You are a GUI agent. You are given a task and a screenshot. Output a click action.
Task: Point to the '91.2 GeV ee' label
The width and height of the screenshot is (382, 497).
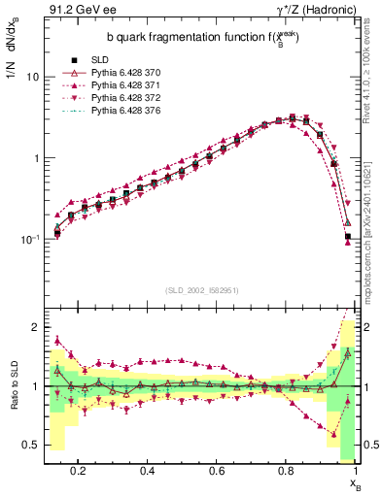coord(75,11)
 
